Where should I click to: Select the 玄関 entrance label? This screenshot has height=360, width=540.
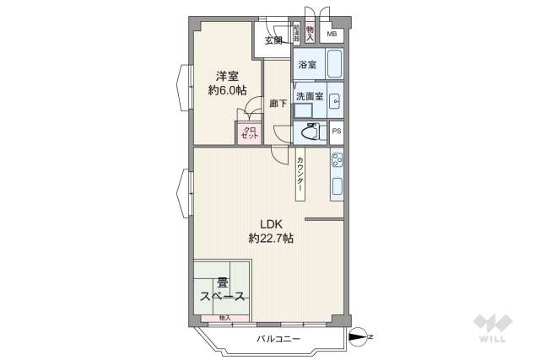[x=273, y=40]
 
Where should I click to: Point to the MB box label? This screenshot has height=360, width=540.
[x=332, y=35]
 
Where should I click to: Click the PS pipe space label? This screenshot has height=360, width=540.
[x=336, y=132]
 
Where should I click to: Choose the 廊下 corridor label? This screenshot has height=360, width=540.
[x=277, y=104]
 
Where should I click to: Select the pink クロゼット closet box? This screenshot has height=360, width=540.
[x=249, y=133]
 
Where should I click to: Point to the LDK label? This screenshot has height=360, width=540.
[x=270, y=224]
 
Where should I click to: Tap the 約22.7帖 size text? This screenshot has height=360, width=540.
[x=271, y=239]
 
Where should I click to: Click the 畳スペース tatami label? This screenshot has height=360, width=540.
[x=223, y=289]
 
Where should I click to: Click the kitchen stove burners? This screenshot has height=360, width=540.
[x=336, y=158]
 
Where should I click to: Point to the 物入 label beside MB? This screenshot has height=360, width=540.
[x=310, y=33]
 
